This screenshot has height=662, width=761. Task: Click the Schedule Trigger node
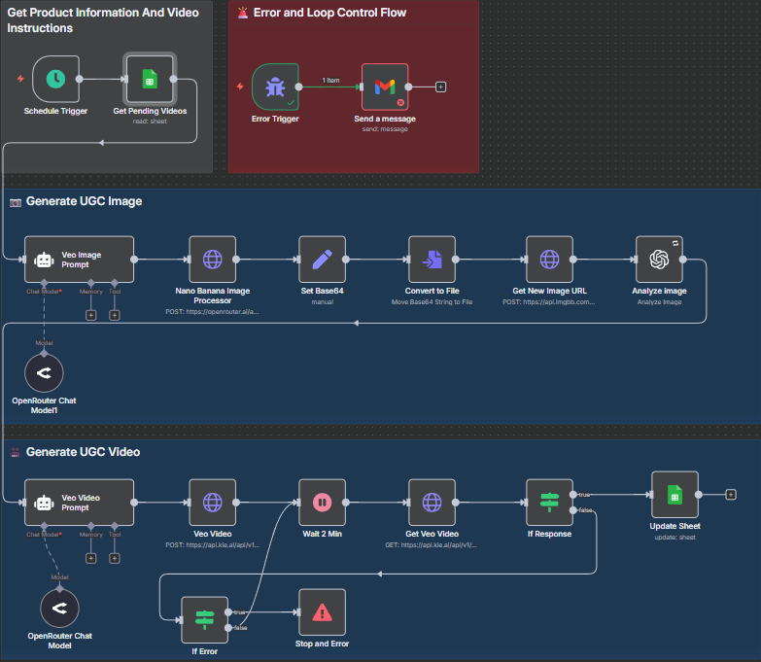tap(55, 79)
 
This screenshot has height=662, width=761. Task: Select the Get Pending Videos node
tap(150, 79)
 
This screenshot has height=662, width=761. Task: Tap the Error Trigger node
tap(275, 87)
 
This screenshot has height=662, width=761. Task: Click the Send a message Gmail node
tap(384, 87)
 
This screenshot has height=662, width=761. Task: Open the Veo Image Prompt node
tap(79, 260)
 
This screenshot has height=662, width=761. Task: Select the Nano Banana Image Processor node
tap(212, 260)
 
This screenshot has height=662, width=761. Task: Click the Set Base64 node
tap(322, 260)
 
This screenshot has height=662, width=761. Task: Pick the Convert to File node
tap(432, 260)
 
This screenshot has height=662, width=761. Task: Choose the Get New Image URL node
tap(549, 260)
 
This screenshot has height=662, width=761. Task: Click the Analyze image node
tap(659, 260)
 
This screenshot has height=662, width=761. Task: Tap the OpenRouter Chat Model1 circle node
tap(43, 373)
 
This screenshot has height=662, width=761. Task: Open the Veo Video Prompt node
tap(79, 503)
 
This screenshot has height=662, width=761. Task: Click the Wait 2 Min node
tap(322, 503)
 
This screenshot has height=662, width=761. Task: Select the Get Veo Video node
tap(432, 503)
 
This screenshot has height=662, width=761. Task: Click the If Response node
tap(549, 503)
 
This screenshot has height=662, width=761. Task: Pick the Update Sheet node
tap(675, 495)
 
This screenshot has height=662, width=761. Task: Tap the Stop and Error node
tap(322, 612)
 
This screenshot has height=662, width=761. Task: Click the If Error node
tap(204, 620)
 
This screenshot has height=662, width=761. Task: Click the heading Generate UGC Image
tap(84, 201)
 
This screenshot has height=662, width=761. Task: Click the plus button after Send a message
tap(440, 87)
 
